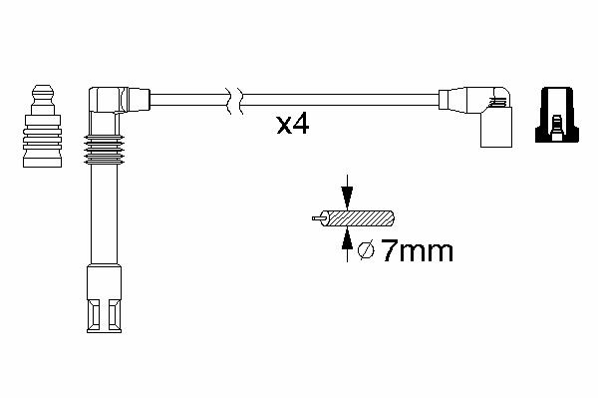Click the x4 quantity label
[x=292, y=125]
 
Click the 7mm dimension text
[x=418, y=251]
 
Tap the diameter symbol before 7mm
[x=366, y=250]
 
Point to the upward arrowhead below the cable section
[x=347, y=239]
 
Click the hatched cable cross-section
[x=358, y=218]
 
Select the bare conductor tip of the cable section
[x=317, y=218]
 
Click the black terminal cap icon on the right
[x=557, y=115]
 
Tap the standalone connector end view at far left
[x=42, y=126]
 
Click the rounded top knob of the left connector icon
[x=43, y=93]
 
